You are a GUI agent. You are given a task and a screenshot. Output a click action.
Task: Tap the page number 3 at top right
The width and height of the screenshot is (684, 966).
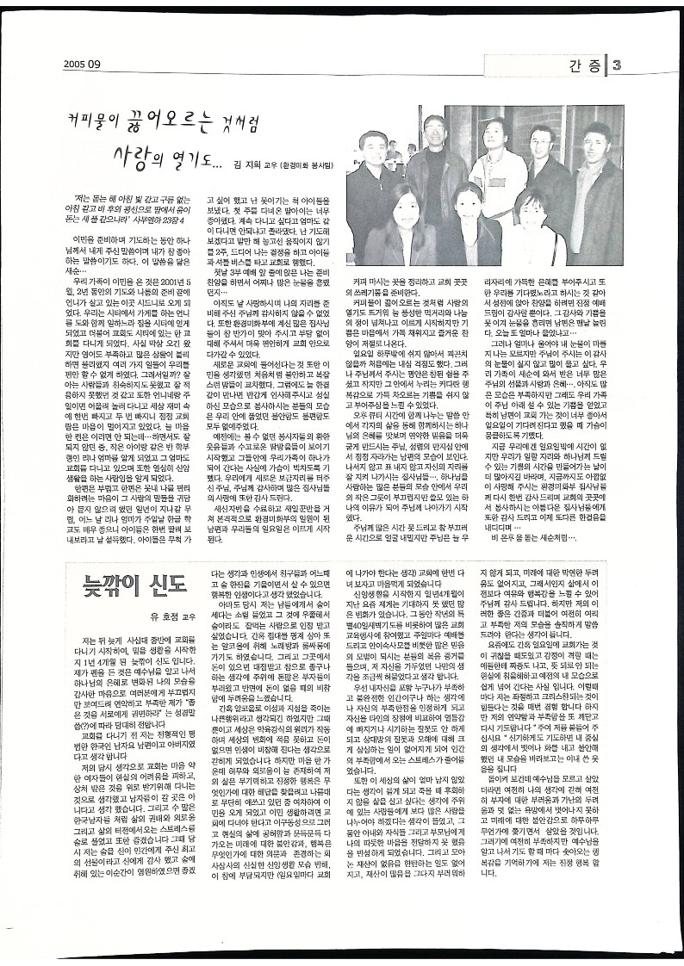pyautogui.click(x=630, y=63)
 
